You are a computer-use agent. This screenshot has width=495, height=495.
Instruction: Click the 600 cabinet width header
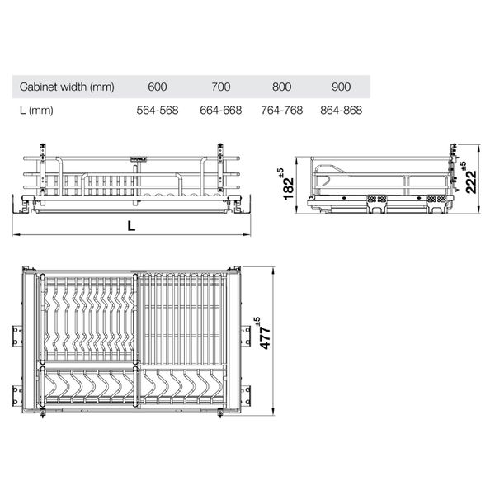158,87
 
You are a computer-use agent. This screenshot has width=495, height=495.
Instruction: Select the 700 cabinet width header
220,87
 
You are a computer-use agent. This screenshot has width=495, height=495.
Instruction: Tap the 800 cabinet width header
282,87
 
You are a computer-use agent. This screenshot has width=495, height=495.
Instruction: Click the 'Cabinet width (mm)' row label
67,87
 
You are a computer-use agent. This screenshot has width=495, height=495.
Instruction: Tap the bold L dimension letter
131,225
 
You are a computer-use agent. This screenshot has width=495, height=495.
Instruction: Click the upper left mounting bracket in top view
14,333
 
